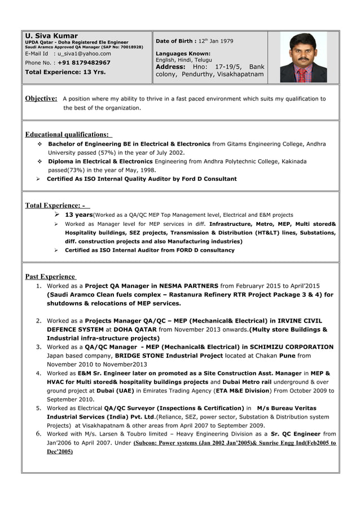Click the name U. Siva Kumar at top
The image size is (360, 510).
tap(51, 36)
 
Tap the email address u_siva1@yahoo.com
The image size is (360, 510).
tap(84, 54)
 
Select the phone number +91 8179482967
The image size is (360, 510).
tap(84, 63)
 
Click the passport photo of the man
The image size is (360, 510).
tap(303, 58)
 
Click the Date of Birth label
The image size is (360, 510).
tap(176, 41)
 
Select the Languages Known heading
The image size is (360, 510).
tap(183, 54)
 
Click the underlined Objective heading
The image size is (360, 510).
tap(41, 99)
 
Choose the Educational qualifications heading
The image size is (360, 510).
tap(68, 134)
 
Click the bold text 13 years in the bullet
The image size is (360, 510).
tap(78, 215)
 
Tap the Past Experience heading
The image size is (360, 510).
tap(50, 276)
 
